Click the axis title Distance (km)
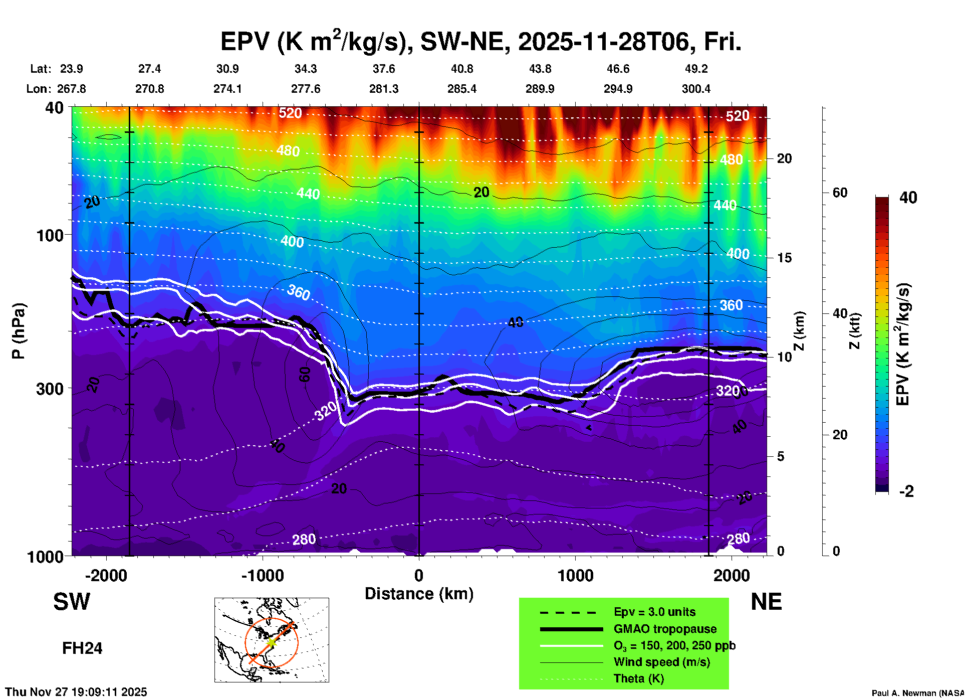tap(419, 594)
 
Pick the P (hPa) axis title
tap(18, 331)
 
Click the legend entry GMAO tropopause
tap(665, 629)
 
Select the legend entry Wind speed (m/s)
tap(661, 662)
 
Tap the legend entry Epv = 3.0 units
tap(654, 612)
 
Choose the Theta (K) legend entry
tap(638, 678)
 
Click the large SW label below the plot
tap(72, 602)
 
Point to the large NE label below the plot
tap(766, 602)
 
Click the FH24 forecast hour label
tap(82, 648)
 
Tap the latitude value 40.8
tap(461, 69)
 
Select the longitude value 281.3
tap(384, 89)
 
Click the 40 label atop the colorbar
tap(908, 198)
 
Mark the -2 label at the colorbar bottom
tap(906, 491)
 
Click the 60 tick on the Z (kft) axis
tap(840, 193)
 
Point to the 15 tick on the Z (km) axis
tap(784, 258)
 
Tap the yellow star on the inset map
tap(271, 642)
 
